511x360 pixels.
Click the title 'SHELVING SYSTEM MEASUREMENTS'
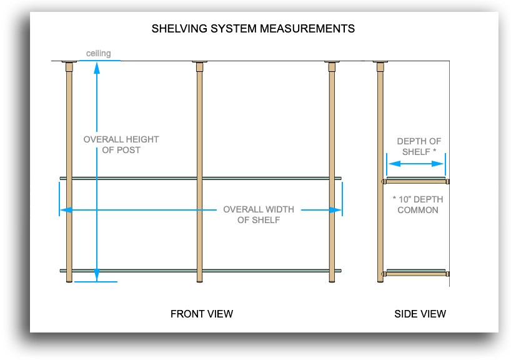[x=253, y=29]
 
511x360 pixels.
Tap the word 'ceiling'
[x=99, y=54]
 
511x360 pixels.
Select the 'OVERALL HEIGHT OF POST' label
[x=121, y=144]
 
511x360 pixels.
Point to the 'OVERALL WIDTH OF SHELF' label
[x=259, y=214]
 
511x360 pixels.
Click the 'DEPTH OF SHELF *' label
[x=419, y=146]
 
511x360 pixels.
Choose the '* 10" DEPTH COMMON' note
[x=418, y=204]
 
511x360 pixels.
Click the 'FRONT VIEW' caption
[x=202, y=314]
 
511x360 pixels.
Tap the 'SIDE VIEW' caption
[x=420, y=314]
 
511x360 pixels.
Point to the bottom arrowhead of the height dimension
[x=97, y=275]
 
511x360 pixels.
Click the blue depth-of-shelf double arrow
[x=415, y=164]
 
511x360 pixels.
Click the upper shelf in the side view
[x=415, y=181]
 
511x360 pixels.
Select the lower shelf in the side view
[x=415, y=273]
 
